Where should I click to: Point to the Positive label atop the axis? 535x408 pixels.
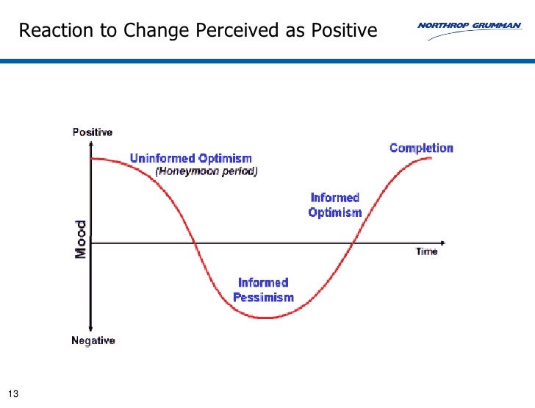coord(92,132)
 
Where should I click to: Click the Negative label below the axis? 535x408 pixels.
coord(93,340)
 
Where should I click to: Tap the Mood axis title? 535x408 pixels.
coord(81,239)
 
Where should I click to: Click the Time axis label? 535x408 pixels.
coord(426,251)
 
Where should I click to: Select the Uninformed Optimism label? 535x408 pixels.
coord(190,158)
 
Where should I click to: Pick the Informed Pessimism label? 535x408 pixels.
coord(263,290)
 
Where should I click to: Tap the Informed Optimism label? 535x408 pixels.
coord(335,205)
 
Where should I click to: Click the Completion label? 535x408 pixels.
coord(421,148)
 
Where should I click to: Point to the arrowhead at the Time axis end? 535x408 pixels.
coord(442,242)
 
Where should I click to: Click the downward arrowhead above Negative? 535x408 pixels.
coord(90,328)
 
